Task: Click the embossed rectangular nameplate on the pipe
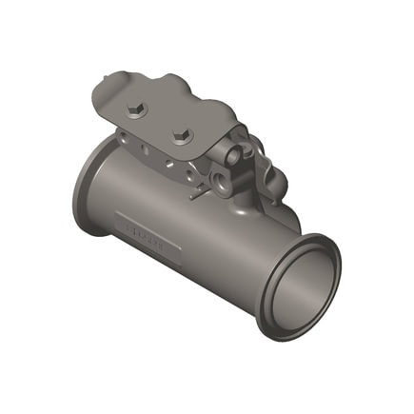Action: pyautogui.click(x=148, y=234)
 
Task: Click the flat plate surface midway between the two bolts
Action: pyautogui.click(x=160, y=121)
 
